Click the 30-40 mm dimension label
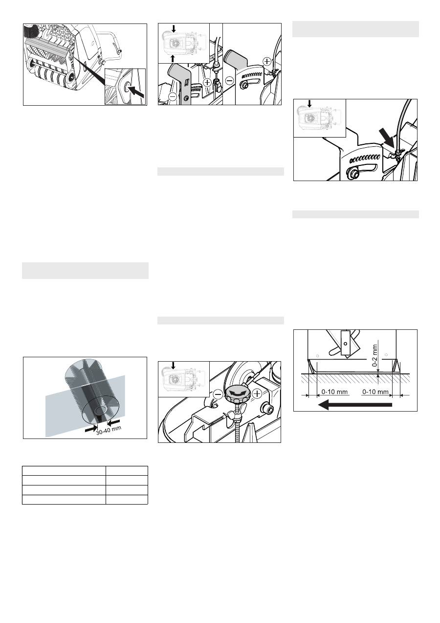(109, 430)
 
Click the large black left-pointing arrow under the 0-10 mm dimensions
(355, 405)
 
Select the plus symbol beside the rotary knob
(257, 393)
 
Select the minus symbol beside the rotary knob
(218, 394)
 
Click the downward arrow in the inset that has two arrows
(174, 28)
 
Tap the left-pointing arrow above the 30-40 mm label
(113, 422)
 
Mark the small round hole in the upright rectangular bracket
(345, 344)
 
